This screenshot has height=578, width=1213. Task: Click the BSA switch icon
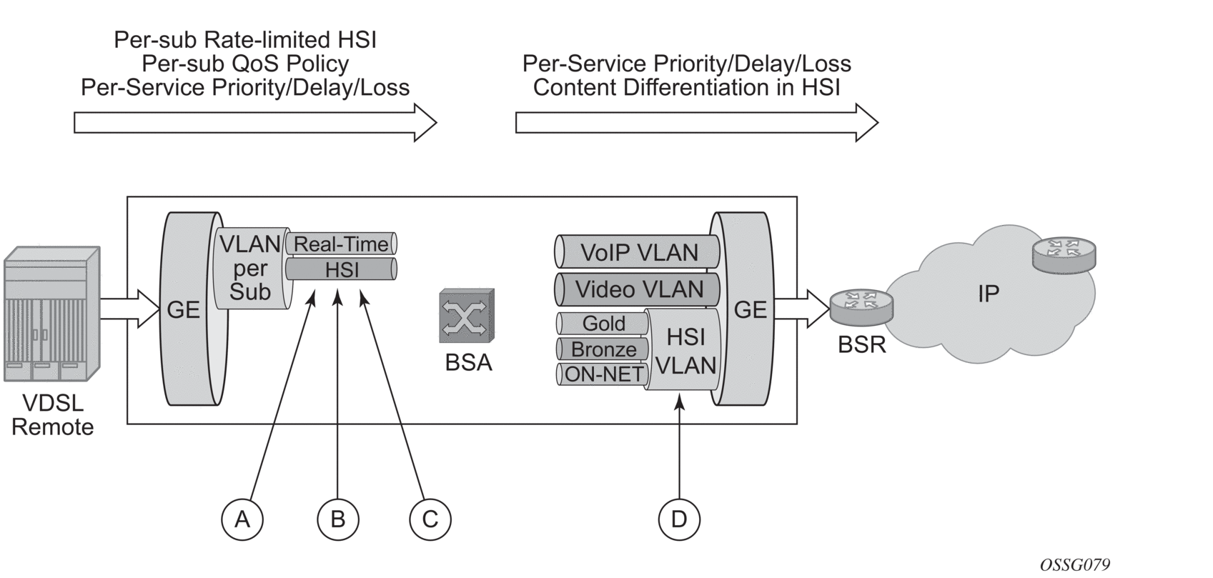coord(467,316)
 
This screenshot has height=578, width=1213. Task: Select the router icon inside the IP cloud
coord(1064,254)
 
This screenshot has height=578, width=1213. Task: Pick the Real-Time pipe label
coord(341,244)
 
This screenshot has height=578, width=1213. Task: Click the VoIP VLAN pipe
coord(638,252)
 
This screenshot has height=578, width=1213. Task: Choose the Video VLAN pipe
coord(638,289)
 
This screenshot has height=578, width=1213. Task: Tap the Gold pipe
coord(603,324)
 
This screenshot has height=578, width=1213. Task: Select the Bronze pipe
coord(603,349)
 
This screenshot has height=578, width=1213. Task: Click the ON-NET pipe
coord(603,374)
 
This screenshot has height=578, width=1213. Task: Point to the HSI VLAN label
coord(685,351)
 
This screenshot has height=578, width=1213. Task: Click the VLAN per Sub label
coord(249,268)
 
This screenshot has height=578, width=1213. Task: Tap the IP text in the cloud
coord(988,293)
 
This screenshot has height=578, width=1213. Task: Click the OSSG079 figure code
coord(1075,564)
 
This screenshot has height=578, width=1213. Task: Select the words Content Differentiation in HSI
coord(686,87)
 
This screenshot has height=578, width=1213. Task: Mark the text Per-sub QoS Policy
coord(245,64)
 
